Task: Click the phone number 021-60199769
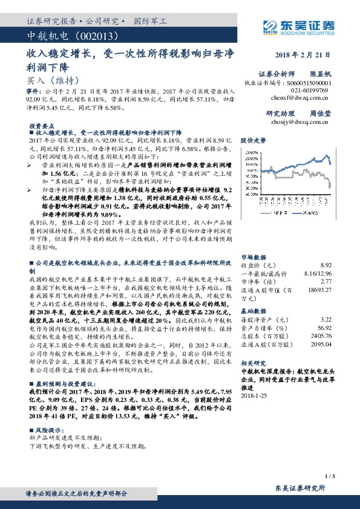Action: (309, 89)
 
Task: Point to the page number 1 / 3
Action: (330, 477)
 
